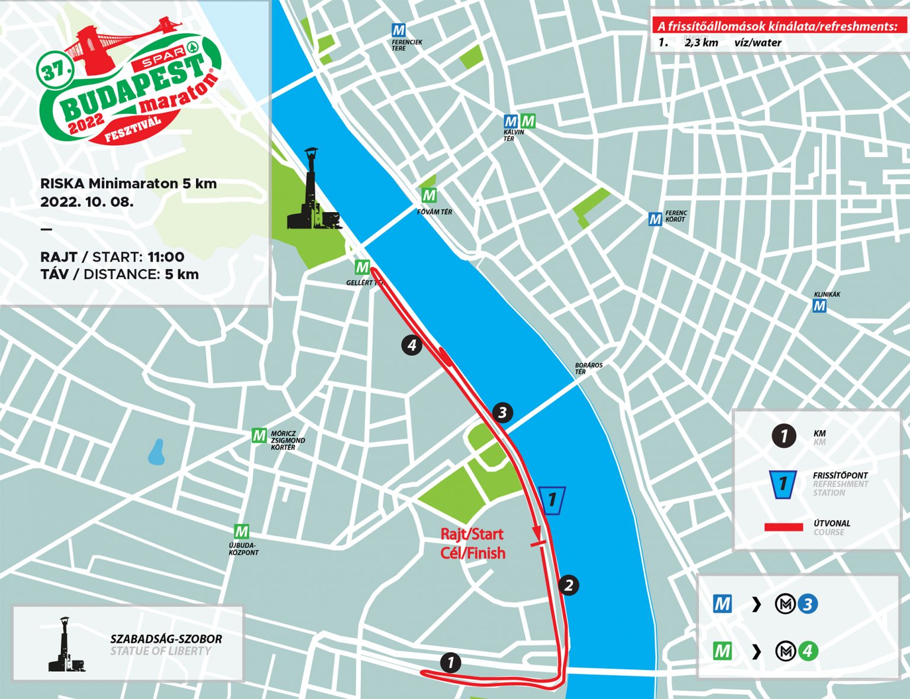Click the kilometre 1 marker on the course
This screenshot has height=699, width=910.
point(451,662)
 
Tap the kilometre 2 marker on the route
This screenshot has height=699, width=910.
point(568,585)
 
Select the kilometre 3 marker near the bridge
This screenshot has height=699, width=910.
point(502,412)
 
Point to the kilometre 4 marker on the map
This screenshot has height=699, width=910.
point(412,345)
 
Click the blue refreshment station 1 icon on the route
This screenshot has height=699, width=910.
point(552,501)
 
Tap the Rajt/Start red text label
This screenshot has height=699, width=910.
point(472,534)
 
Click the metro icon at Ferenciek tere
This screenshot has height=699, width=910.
point(399,30)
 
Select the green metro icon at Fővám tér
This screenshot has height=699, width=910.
point(429,195)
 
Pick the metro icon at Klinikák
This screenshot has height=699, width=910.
point(819,306)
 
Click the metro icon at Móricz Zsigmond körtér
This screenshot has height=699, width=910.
point(259,435)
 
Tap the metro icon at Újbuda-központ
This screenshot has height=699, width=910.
point(241,531)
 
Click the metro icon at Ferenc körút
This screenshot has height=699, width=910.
point(655,219)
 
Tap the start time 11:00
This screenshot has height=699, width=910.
point(166,257)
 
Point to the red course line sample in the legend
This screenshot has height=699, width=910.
point(783,527)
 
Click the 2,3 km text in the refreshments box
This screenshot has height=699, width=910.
point(701,43)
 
